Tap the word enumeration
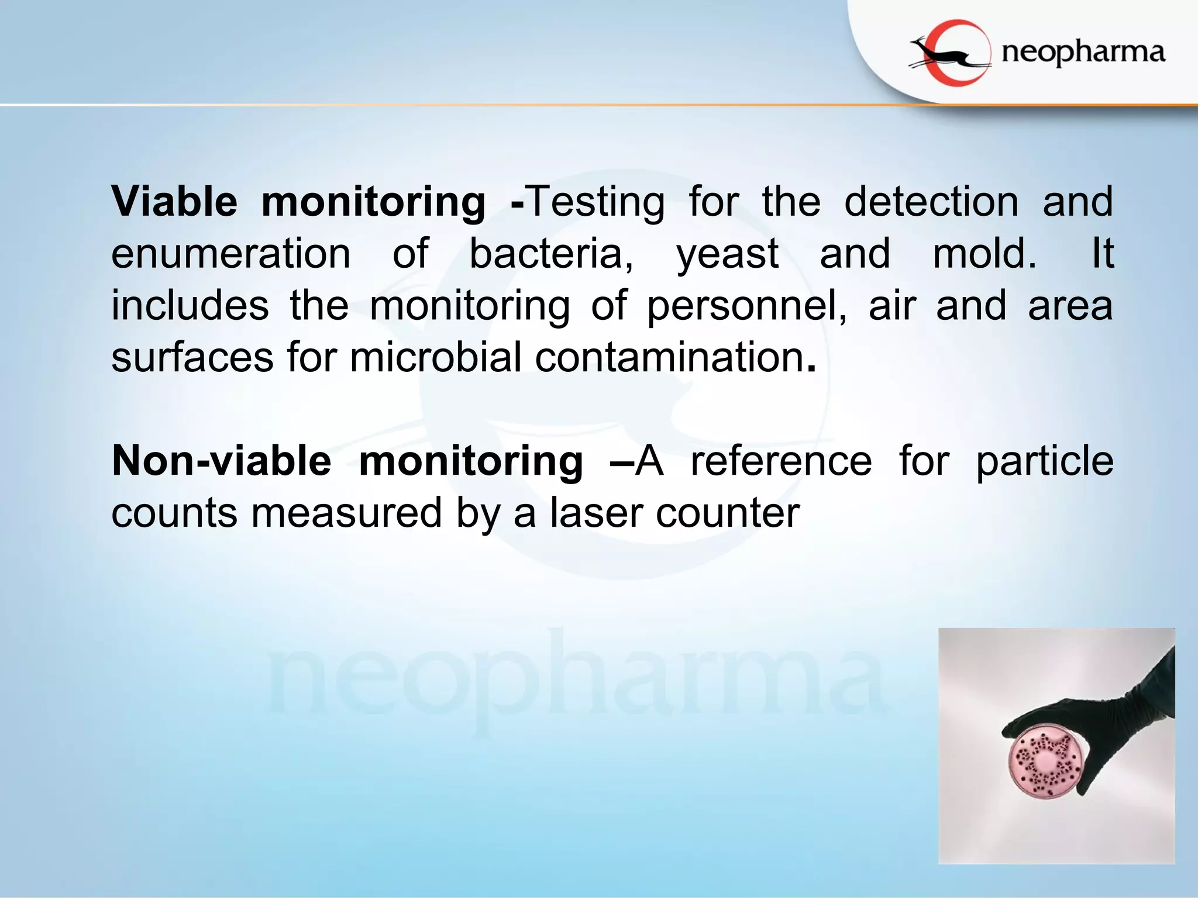point(231,254)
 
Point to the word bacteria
point(550,254)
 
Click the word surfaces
point(192,358)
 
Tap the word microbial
point(435,358)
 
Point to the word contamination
point(669,358)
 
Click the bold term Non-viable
point(222,461)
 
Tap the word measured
point(346,513)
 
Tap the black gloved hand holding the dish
point(1111,719)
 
